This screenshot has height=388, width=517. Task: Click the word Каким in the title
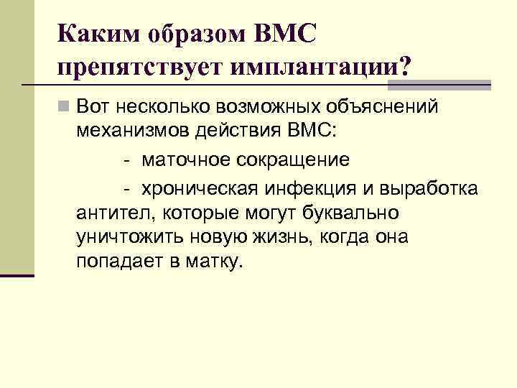pyautogui.click(x=96, y=34)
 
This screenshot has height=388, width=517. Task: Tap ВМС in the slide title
pyautogui.click(x=285, y=34)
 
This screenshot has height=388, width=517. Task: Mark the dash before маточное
pyautogui.click(x=126, y=159)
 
